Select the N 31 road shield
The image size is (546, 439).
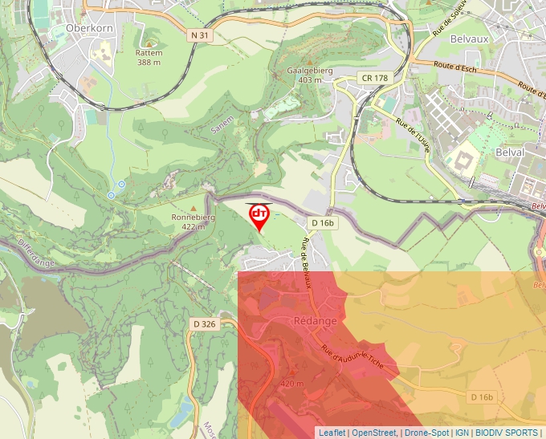click(201, 35)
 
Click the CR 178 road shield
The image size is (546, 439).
click(373, 78)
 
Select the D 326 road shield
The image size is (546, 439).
click(204, 323)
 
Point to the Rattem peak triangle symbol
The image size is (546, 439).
click(149, 43)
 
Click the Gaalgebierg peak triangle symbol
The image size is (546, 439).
click(303, 61)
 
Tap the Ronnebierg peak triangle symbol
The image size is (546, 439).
click(193, 208)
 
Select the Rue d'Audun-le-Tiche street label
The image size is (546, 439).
click(352, 360)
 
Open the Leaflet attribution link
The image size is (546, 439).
click(332, 433)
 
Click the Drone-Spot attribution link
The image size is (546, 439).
click(426, 433)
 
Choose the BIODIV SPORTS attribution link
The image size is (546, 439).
click(507, 433)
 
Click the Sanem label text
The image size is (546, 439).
click(222, 124)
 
